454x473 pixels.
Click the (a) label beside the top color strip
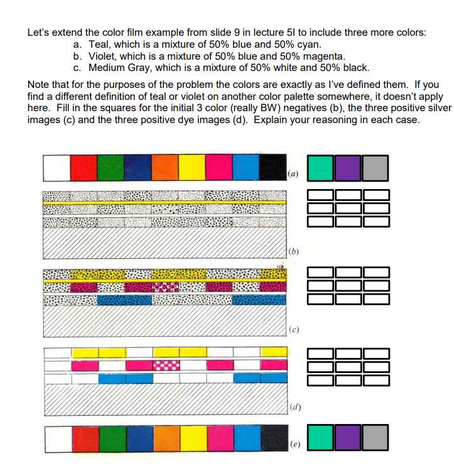[293, 173]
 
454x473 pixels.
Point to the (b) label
[293, 252]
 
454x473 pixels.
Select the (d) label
[293, 408]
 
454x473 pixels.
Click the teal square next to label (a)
[320, 166]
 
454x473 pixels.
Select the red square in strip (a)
[84, 166]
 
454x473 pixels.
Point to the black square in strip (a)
[273, 166]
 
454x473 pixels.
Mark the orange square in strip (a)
[165, 166]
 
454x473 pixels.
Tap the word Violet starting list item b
[102, 56]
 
